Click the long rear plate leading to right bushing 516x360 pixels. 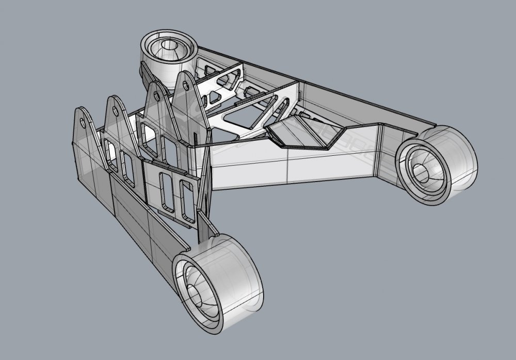point(330,93)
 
